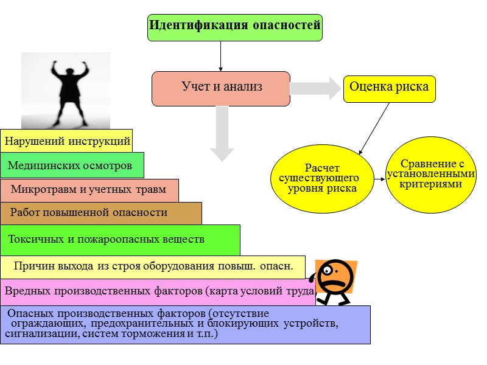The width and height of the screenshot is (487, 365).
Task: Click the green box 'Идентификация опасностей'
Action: click(x=235, y=27)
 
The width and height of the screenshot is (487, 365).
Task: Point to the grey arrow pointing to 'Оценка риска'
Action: click(x=316, y=88)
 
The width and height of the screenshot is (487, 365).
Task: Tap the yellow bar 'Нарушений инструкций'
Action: click(x=66, y=141)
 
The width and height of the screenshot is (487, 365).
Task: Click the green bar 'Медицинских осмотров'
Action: click(x=72, y=165)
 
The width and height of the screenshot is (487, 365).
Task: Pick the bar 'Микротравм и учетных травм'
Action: click(x=89, y=190)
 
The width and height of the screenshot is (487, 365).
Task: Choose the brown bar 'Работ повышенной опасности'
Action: click(x=100, y=213)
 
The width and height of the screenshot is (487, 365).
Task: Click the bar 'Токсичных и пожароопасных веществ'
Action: click(x=120, y=240)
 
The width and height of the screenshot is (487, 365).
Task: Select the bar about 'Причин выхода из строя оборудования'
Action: click(x=152, y=266)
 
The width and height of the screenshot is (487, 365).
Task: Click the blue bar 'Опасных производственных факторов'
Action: click(x=185, y=324)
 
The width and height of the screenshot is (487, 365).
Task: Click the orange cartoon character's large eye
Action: click(x=329, y=270)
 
